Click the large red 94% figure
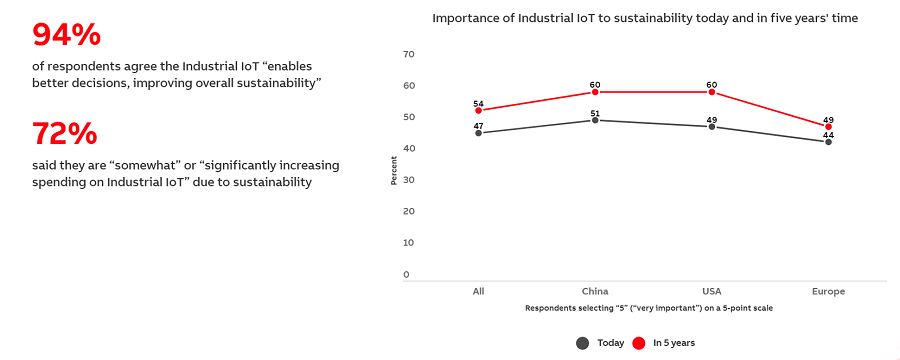tap(67, 35)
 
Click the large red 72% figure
tap(65, 133)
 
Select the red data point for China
tap(595, 92)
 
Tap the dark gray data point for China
tap(595, 120)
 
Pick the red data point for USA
tap(712, 92)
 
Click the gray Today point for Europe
tap(828, 142)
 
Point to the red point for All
tap(478, 111)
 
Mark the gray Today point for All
tap(478, 133)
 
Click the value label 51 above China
tap(595, 113)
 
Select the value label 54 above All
tap(478, 104)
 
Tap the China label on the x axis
tap(595, 292)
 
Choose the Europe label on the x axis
tap(828, 292)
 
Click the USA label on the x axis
tap(712, 292)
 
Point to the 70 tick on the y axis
tap(408, 54)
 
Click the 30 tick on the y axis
tap(408, 180)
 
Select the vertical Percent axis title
tap(394, 170)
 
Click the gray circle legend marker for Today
tap(582, 343)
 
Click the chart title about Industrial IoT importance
tap(645, 18)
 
